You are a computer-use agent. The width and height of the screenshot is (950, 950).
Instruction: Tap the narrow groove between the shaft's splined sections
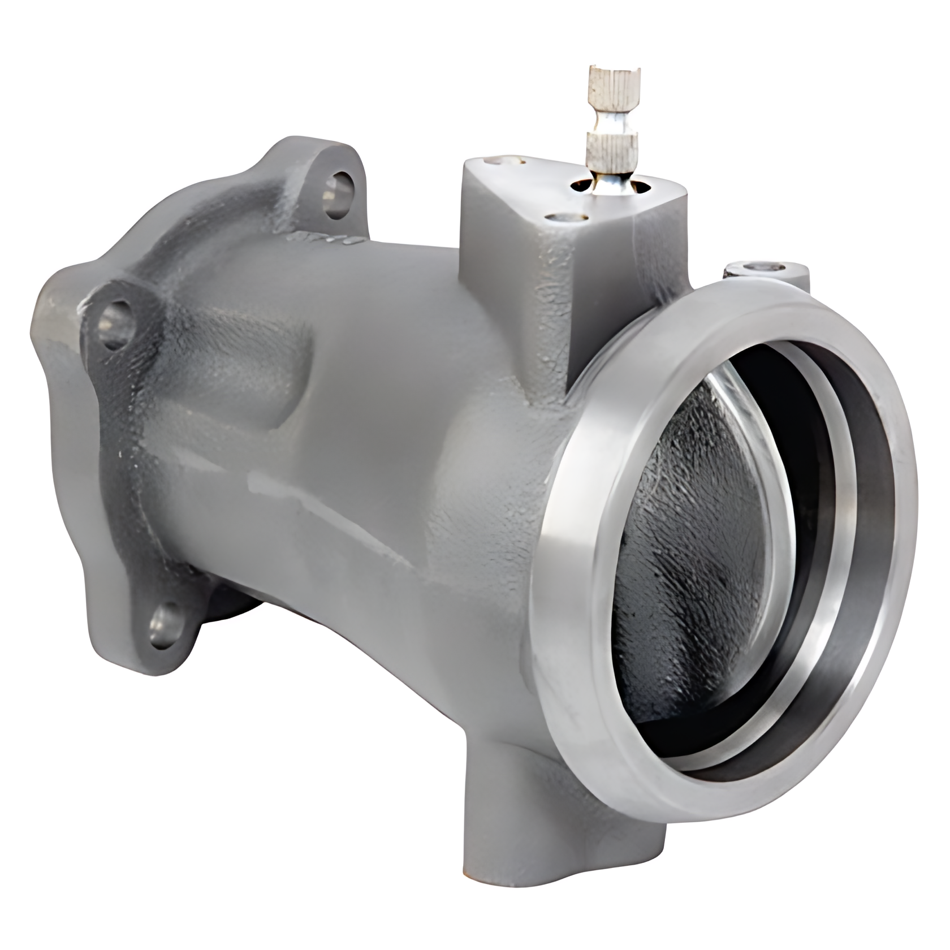pos(613,119)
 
